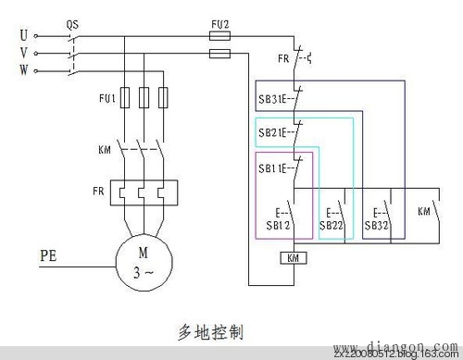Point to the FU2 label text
220,20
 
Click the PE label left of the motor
52,252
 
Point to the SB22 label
331,225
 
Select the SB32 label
376,225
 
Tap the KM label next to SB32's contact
424,211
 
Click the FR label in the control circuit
282,58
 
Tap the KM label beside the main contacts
105,150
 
